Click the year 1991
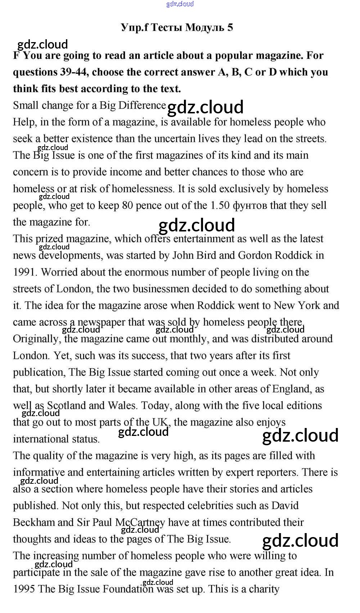point(25,272)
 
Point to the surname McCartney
point(140,522)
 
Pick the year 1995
point(24,589)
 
